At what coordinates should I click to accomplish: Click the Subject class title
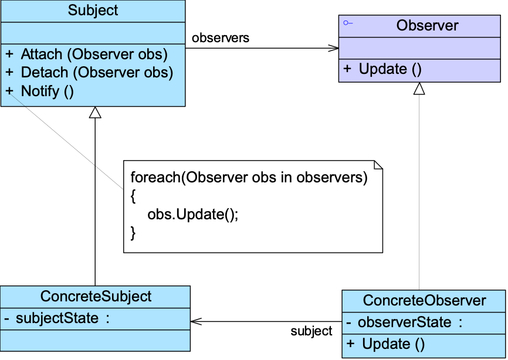coord(93,11)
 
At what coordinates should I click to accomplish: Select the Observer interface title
coord(427,25)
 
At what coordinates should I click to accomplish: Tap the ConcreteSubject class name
coord(96,297)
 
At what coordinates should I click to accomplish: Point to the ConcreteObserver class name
coord(425,300)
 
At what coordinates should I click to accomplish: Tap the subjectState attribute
coord(57,318)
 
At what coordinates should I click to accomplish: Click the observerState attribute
coord(404,322)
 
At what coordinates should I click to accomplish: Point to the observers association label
coord(221,38)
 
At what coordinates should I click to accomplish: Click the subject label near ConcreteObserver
coord(311,331)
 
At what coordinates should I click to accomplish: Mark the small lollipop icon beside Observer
coord(348,23)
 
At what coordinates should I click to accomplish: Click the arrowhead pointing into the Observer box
coord(333,48)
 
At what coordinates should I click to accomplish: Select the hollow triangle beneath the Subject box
coord(95,113)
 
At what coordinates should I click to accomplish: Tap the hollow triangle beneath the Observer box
coord(419,89)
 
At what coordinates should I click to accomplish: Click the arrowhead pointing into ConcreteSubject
coord(197,321)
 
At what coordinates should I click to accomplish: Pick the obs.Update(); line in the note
coord(193,215)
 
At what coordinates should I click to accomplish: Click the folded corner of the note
coord(378,164)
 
